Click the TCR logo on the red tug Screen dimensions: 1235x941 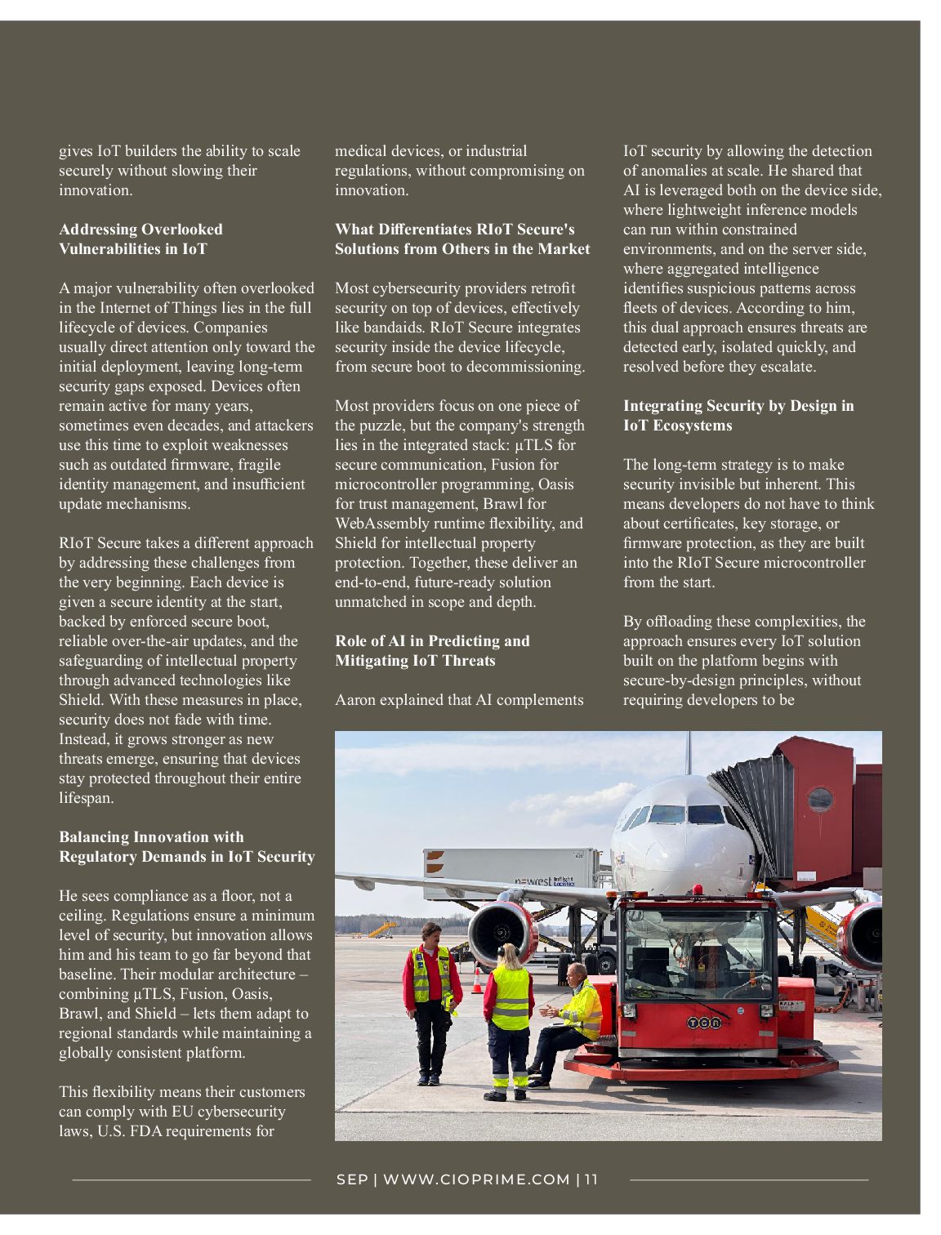point(703,1022)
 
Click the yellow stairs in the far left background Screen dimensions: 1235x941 point(381,929)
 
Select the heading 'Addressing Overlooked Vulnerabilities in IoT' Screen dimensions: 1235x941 point(140,239)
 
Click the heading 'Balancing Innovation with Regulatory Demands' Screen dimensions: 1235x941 point(186,847)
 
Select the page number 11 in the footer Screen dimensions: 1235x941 point(591,1179)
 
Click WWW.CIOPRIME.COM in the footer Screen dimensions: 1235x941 point(476,1179)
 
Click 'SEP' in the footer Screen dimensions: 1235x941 point(352,1179)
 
